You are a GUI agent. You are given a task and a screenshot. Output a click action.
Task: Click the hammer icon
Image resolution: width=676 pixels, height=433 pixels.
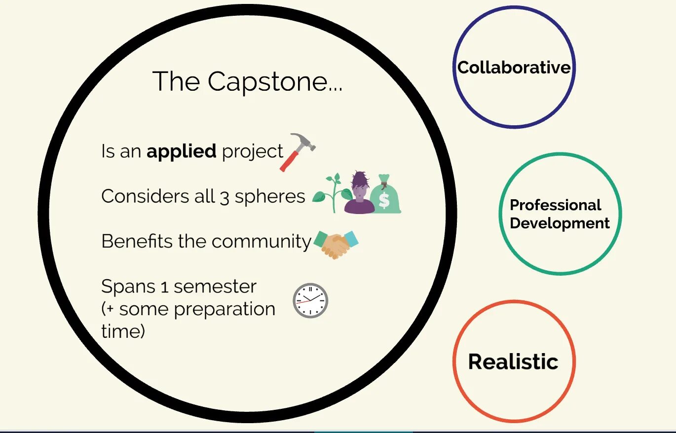point(298,151)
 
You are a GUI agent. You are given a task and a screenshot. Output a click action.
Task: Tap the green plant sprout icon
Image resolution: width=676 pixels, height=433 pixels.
point(328,193)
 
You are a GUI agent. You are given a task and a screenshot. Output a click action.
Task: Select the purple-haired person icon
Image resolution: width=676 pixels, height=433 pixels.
point(359,193)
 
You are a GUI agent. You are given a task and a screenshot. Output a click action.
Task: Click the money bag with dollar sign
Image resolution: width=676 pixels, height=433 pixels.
point(385,194)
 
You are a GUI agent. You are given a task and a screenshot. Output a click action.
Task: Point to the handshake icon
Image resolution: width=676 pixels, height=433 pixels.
point(336,243)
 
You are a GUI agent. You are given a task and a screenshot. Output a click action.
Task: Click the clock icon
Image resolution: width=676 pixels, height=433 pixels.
point(310,300)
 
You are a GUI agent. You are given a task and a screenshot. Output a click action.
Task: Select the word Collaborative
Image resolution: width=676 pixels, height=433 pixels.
point(514,68)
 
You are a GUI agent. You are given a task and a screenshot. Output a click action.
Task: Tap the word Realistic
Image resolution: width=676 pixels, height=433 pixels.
point(513,361)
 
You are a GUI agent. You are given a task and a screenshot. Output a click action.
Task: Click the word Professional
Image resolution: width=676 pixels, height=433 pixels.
point(555,205)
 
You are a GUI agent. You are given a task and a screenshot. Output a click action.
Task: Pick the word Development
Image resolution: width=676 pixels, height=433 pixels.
point(560,223)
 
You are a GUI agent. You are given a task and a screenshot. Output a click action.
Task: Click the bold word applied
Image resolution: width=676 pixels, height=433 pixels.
point(181,151)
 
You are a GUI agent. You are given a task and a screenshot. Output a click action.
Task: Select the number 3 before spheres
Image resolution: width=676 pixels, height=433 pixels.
point(225,197)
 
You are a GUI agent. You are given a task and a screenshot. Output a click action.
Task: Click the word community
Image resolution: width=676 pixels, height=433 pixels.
point(262,242)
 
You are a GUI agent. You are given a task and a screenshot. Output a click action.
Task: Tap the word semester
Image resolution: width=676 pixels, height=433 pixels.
point(215,287)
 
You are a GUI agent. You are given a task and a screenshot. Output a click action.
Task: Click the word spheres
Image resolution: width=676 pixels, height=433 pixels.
point(270,197)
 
